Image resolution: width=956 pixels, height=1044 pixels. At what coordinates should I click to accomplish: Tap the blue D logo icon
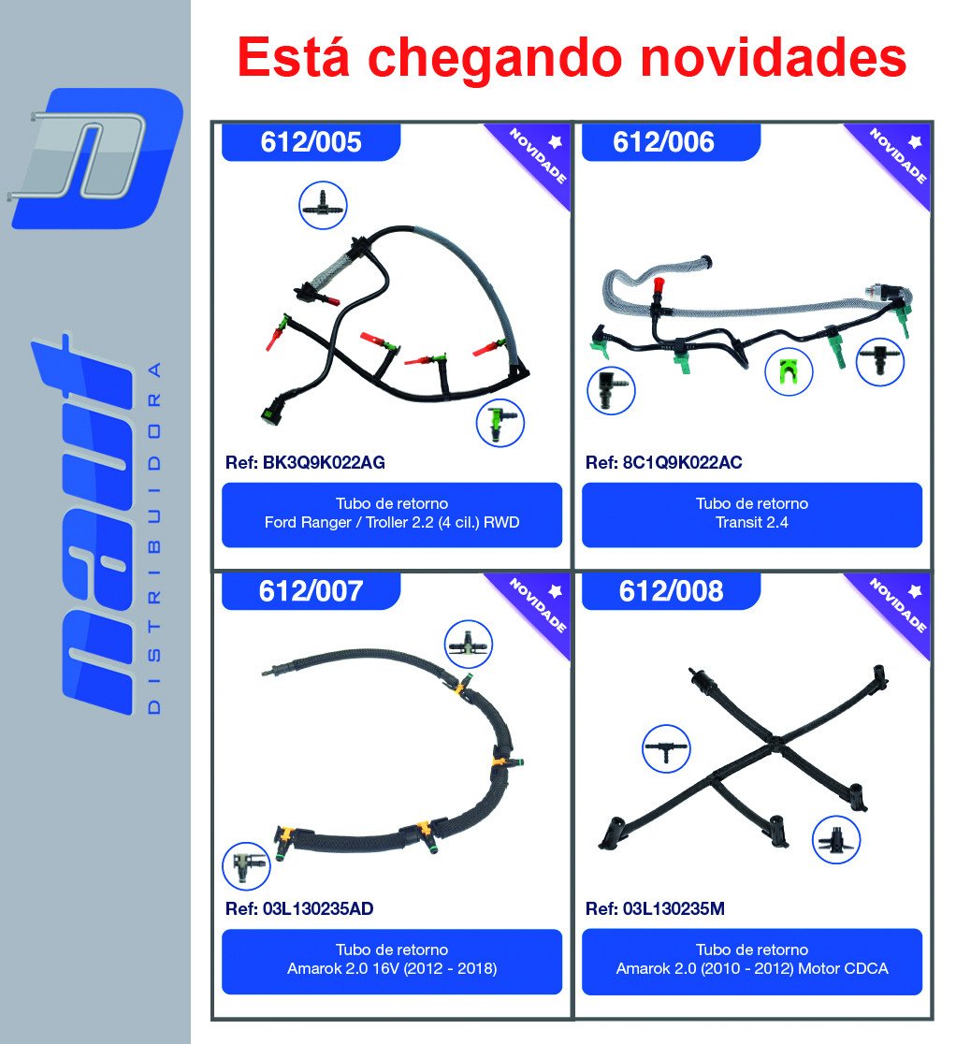coord(95,158)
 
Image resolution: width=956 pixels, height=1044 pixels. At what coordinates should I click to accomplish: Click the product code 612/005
coord(311,142)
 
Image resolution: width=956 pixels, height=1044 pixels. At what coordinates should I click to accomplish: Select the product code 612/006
coord(663,142)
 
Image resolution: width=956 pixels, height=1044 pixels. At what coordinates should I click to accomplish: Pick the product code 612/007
coord(311,591)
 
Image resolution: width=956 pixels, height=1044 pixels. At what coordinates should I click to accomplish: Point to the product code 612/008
coord(671,591)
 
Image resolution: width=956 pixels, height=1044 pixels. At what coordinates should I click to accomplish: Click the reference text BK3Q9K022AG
coord(324,463)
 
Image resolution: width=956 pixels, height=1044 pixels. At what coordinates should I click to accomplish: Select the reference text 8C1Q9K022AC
coord(682,463)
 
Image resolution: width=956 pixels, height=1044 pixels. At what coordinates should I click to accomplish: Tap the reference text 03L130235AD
coord(318,909)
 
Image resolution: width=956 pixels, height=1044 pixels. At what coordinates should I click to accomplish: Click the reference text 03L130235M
coord(674,909)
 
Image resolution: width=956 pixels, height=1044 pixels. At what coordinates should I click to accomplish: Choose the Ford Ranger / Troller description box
coord(392,515)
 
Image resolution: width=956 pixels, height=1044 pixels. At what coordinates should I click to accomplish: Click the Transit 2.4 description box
coord(752,515)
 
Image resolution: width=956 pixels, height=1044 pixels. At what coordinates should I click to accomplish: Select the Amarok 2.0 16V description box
coord(392,962)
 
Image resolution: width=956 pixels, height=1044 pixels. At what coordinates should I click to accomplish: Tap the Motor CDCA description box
coord(752,962)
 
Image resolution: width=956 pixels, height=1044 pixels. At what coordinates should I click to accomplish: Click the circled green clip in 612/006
coord(789,372)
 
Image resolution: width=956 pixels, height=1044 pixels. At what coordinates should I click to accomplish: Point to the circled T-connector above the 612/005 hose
coord(323,205)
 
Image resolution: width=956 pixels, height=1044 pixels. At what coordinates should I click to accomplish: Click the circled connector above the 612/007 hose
coord(469,645)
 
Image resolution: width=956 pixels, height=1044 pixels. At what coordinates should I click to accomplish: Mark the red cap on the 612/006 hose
coord(659,285)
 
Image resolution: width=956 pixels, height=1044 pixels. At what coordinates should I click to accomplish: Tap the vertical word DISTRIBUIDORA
coord(153,539)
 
